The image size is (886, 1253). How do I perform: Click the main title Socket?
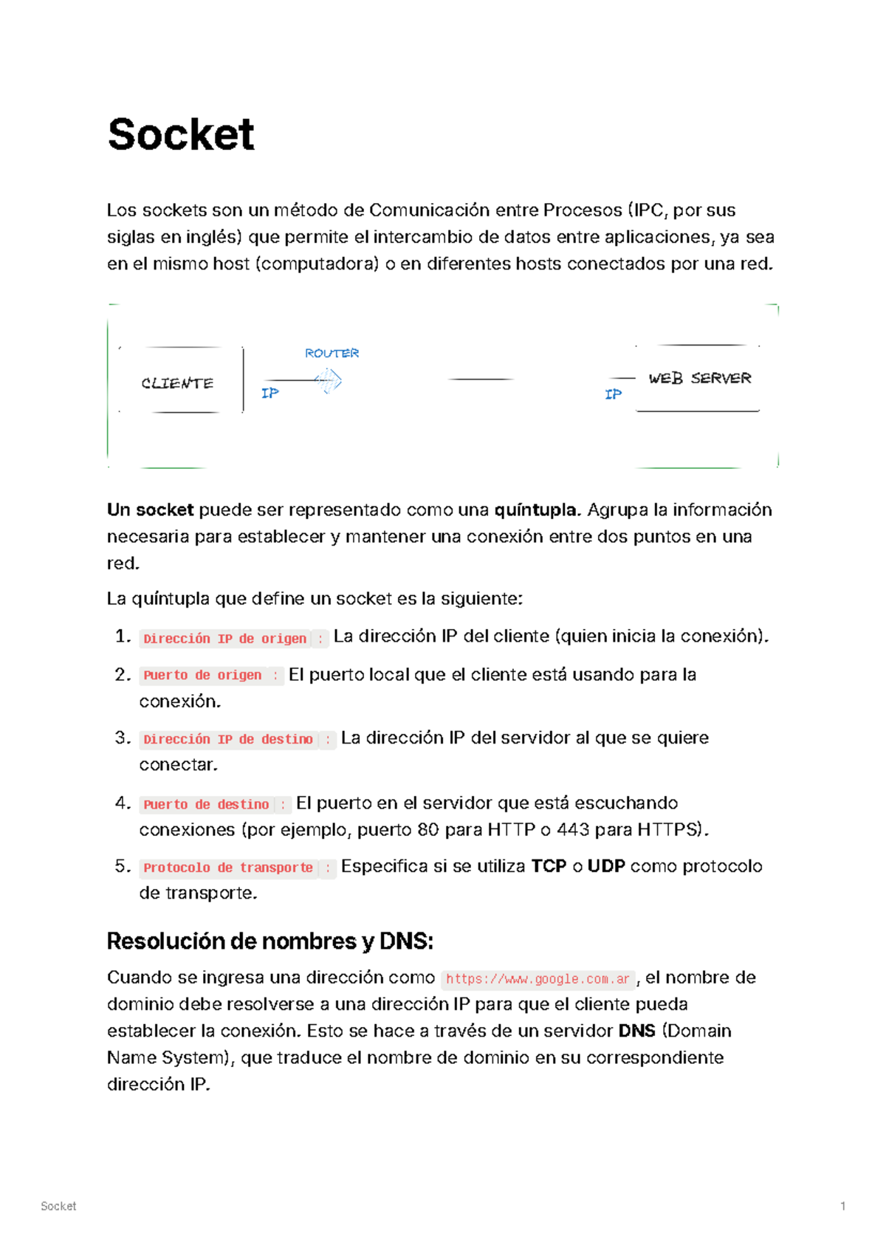[x=181, y=134]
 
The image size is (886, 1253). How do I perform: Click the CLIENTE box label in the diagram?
[x=177, y=383]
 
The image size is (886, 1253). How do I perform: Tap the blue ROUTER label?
[x=332, y=353]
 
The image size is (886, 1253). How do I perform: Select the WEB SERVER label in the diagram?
[x=699, y=378]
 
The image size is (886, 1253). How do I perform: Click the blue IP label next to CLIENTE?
[x=270, y=393]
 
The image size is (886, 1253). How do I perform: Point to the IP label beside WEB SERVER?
[x=613, y=394]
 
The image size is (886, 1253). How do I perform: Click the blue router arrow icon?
[x=329, y=381]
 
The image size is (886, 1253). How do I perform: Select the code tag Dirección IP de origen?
[x=224, y=639]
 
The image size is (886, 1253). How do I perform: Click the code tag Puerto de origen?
[x=202, y=675]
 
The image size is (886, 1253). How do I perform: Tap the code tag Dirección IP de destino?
[x=228, y=739]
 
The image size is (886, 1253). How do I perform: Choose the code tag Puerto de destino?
[x=206, y=804]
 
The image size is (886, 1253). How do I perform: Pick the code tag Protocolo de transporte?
[x=228, y=868]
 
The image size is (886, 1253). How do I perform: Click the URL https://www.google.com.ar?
[x=538, y=979]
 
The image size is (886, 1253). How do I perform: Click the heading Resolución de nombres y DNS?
[x=269, y=941]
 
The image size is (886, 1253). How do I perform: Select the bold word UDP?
[x=606, y=866]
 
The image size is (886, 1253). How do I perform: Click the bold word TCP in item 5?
[x=549, y=866]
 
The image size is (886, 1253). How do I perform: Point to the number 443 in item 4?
[x=573, y=830]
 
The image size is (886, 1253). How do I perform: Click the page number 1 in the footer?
[x=842, y=1206]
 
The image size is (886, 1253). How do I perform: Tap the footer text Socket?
[x=58, y=1206]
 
